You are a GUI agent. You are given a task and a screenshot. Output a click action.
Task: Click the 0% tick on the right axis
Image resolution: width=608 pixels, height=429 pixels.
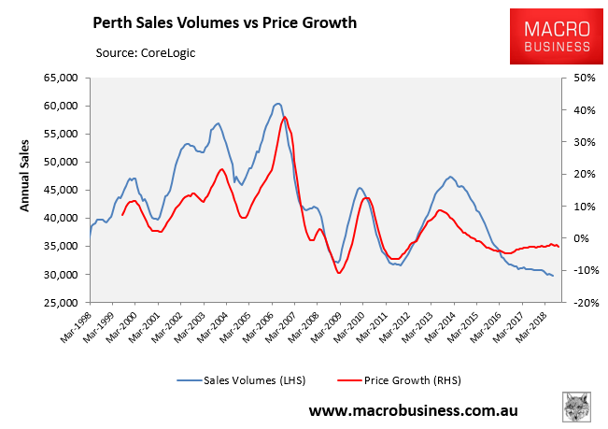(x=575, y=238)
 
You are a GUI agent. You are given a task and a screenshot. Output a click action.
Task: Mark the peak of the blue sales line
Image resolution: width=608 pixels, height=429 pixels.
(x=277, y=103)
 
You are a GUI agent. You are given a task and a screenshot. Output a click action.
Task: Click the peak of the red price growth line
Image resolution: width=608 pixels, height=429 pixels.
(x=285, y=117)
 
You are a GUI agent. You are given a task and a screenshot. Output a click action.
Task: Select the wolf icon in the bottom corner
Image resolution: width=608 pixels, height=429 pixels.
(x=577, y=407)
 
